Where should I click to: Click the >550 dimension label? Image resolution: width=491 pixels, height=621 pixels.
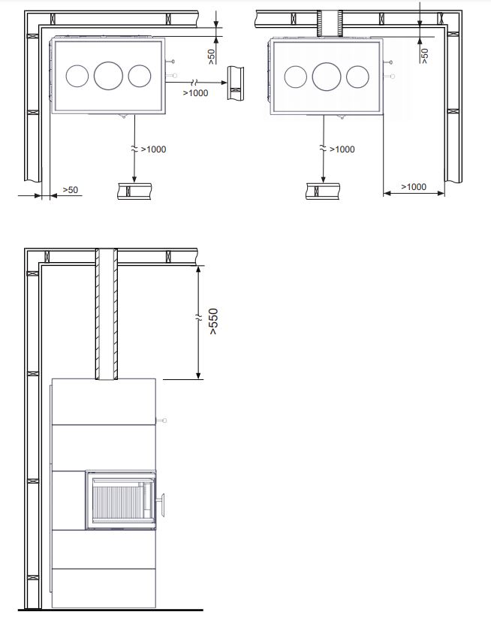[213, 321]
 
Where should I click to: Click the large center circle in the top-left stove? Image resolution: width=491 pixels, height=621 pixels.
[108, 75]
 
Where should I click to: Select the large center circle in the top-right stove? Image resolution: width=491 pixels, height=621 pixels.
[327, 76]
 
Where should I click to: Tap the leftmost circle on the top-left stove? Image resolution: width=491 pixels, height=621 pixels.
[77, 76]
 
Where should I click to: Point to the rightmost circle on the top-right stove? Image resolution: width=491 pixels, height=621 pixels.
[357, 77]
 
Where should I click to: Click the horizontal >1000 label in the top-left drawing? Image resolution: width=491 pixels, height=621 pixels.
[195, 92]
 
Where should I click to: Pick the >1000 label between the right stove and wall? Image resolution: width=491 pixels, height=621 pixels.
[414, 186]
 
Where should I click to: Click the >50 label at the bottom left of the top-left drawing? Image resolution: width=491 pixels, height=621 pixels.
[70, 190]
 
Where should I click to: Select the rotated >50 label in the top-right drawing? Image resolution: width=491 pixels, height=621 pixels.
[424, 56]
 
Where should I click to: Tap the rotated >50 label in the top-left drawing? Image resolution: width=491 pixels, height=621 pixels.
[211, 56]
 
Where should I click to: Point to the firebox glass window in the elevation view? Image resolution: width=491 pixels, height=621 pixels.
[121, 500]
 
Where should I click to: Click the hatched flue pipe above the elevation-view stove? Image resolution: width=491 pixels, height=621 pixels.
[107, 314]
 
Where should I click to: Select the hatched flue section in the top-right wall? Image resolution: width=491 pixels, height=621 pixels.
[330, 24]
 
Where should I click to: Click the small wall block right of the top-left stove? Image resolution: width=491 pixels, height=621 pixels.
[235, 83]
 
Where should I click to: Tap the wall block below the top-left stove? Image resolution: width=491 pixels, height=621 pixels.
[134, 191]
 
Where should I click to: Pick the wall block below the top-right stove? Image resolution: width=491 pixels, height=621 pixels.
[323, 191]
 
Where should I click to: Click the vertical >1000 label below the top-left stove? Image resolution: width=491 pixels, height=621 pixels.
[153, 149]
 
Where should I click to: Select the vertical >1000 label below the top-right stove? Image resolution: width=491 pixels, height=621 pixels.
[342, 149]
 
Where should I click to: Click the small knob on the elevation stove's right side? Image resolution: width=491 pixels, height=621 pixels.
[161, 421]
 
